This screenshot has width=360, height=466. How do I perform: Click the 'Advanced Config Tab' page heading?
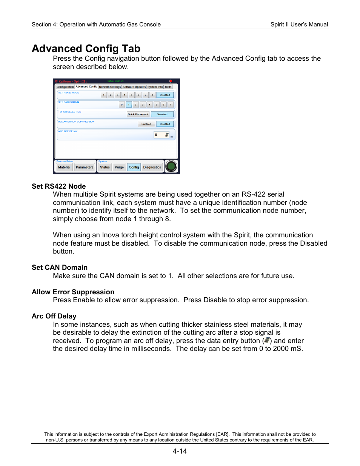[x=86, y=49]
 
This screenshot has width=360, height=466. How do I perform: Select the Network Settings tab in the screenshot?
[x=110, y=87]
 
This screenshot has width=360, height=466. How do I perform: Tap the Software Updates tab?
[x=134, y=87]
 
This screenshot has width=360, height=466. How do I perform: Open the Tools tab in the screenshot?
[x=168, y=87]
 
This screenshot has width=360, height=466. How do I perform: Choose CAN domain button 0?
[x=122, y=105]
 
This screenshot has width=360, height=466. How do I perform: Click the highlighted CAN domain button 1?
[x=129, y=105]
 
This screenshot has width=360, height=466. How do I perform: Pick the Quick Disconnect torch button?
[x=138, y=114]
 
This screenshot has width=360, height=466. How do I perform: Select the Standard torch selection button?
[x=162, y=114]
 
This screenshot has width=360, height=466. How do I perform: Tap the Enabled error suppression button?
[x=146, y=124]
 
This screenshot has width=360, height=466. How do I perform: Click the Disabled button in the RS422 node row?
[x=165, y=95]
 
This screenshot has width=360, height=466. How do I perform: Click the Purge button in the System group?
[x=119, y=167]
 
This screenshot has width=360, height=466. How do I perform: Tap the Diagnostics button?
[x=152, y=167]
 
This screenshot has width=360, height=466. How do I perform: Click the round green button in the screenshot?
[x=171, y=166]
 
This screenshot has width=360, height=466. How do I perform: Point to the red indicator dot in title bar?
[x=171, y=81]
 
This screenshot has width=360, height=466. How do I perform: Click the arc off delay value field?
[x=159, y=135]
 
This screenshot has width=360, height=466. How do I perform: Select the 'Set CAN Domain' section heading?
[x=60, y=268]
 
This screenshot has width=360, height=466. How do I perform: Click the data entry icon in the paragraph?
[x=267, y=340]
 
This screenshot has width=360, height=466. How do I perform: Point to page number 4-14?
[x=180, y=451]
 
